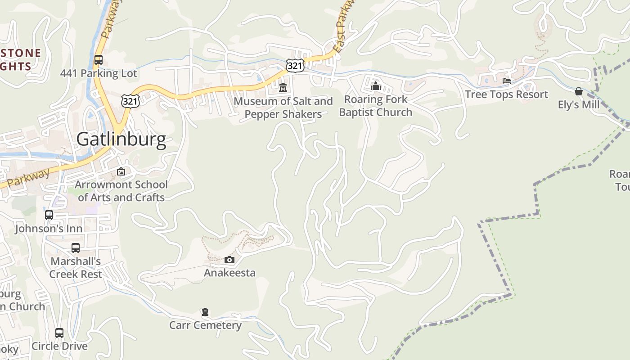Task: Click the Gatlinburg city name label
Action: [x=121, y=139]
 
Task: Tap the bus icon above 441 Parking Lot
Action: [x=98, y=59]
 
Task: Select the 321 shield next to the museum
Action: [x=295, y=66]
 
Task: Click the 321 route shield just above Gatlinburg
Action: [x=130, y=101]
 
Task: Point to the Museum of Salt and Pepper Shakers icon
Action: [x=283, y=87]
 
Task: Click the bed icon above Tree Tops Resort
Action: [x=507, y=81]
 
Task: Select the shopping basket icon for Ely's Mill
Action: [x=579, y=91]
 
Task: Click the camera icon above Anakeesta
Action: [x=229, y=260]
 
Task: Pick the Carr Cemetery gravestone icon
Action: [x=205, y=312]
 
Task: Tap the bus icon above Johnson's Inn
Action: [x=49, y=215]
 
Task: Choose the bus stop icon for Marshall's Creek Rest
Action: [x=76, y=247]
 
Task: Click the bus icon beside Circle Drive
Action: [x=59, y=333]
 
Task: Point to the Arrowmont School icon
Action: [x=121, y=171]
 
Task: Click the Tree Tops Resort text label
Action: [x=506, y=94]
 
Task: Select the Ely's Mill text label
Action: [x=579, y=105]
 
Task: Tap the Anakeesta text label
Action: [x=229, y=273]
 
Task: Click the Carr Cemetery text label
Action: [x=205, y=325]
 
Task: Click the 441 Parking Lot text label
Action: [x=99, y=73]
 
